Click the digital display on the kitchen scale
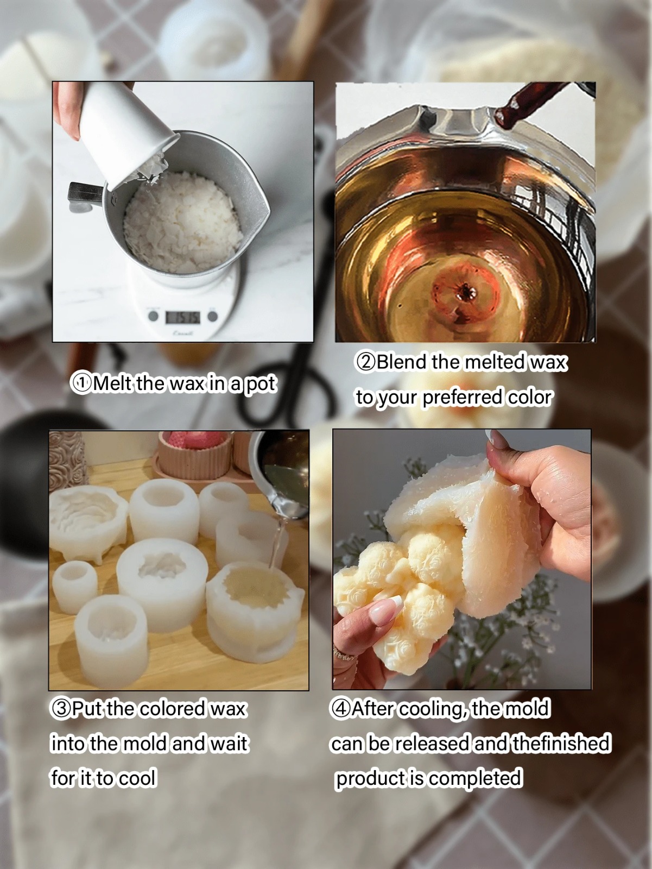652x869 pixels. pos(182,317)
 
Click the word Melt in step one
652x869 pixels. pos(112,384)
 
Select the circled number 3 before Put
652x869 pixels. pos(60,709)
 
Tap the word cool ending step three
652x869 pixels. pos(137,778)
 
